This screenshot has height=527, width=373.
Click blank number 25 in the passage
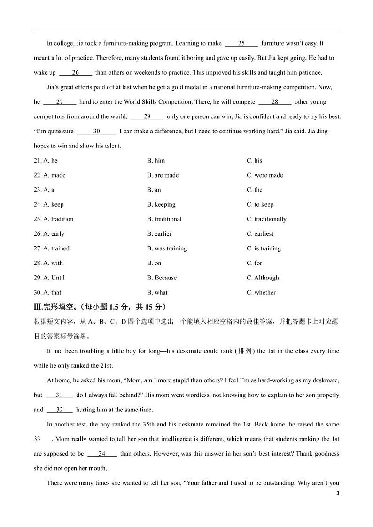pos(241,44)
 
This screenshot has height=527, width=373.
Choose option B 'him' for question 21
pos(156,161)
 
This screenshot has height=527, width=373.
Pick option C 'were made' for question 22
pos(264,175)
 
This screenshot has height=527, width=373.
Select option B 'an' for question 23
pos(154,190)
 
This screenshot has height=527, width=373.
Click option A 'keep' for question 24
pos(53,204)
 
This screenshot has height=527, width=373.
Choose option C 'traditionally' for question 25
pos(266,219)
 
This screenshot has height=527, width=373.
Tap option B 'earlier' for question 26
pos(159,234)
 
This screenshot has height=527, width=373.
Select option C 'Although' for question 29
pos(263,278)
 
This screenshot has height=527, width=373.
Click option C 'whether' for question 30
pos(261,292)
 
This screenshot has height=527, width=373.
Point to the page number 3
pos(338,493)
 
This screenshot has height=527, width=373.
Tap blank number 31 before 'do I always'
pos(59,395)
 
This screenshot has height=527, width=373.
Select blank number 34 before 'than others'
pos(101,454)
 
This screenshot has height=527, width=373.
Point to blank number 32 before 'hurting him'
pos(60,410)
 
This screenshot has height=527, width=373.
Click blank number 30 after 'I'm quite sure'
pos(96,132)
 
